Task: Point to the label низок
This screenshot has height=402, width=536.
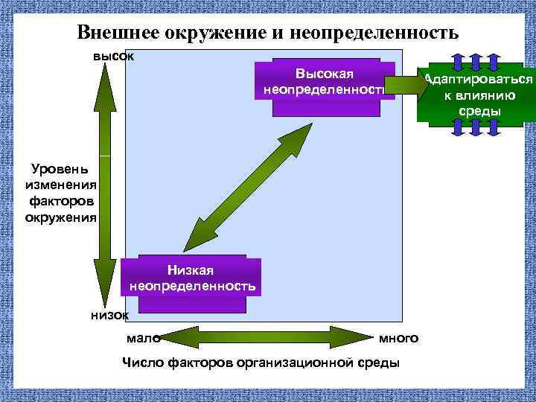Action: click(x=109, y=315)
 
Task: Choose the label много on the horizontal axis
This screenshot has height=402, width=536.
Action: click(x=399, y=338)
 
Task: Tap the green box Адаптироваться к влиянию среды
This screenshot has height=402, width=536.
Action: click(x=477, y=95)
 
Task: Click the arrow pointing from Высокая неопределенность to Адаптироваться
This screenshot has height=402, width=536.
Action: click(x=406, y=84)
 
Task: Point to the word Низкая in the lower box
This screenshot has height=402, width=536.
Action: click(x=192, y=271)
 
